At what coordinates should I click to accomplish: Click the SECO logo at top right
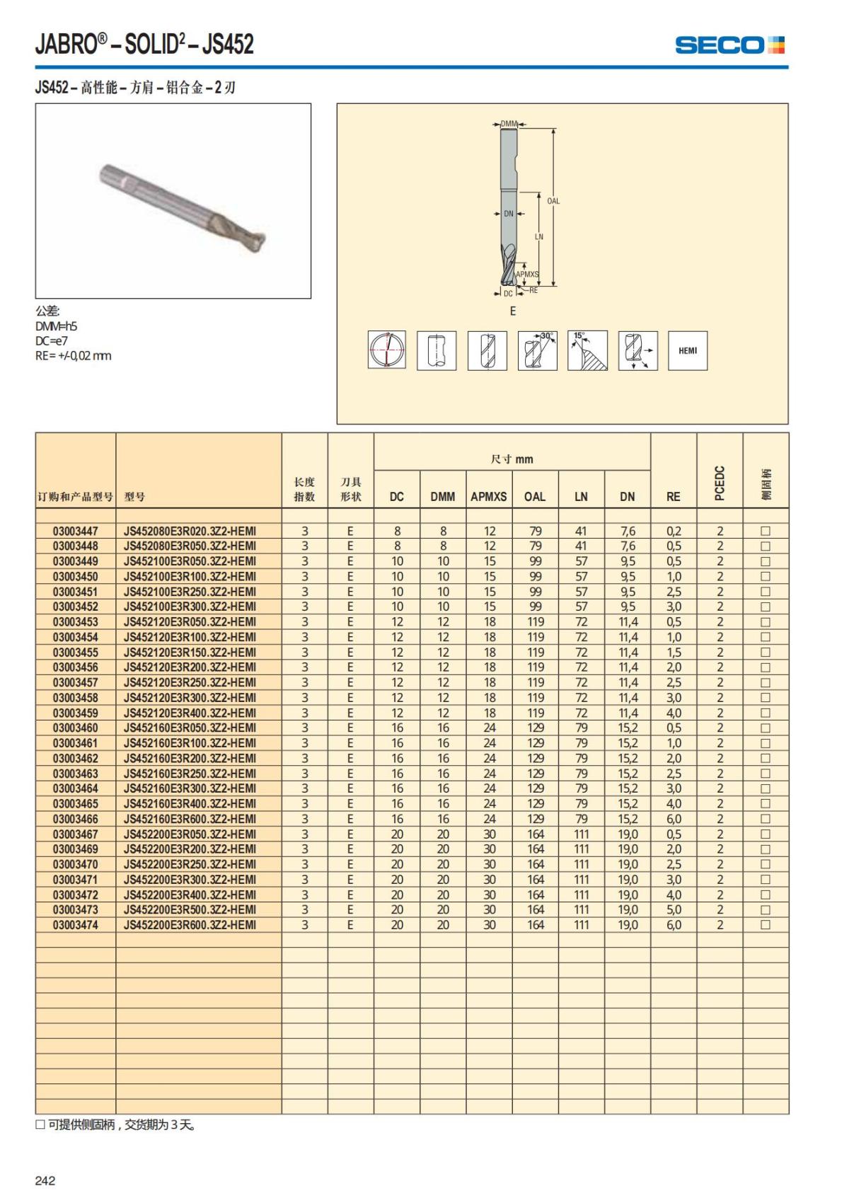pyautogui.click(x=729, y=45)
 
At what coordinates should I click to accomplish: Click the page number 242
pyautogui.click(x=45, y=1180)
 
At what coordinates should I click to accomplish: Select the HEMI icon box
pyautogui.click(x=687, y=350)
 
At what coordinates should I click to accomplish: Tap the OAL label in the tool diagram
pyautogui.click(x=553, y=201)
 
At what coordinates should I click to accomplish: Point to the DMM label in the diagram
pyautogui.click(x=509, y=124)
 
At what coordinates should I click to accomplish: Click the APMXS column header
pyautogui.click(x=489, y=497)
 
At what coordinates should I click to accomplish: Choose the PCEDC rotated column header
pyautogui.click(x=720, y=483)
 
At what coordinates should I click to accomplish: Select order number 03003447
pyautogui.click(x=75, y=531)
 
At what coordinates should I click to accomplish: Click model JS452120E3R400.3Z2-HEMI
pyautogui.click(x=190, y=713)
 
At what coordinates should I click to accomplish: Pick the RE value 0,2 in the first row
pyautogui.click(x=674, y=531)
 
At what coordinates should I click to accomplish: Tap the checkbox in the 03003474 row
pyautogui.click(x=765, y=925)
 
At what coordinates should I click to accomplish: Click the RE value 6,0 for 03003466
pyautogui.click(x=674, y=819)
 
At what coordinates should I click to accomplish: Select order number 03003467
pyautogui.click(x=75, y=834)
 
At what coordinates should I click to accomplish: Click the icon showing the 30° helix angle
pyautogui.click(x=537, y=350)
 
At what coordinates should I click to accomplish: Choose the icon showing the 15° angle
pyautogui.click(x=587, y=350)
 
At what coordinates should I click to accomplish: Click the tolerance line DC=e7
pyautogui.click(x=52, y=341)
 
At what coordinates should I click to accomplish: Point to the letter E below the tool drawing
pyautogui.click(x=513, y=311)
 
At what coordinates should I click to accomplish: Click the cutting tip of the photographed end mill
pyautogui.click(x=263, y=242)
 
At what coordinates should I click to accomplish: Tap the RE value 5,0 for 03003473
pyautogui.click(x=674, y=909)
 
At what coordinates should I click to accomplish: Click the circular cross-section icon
pyautogui.click(x=386, y=350)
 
